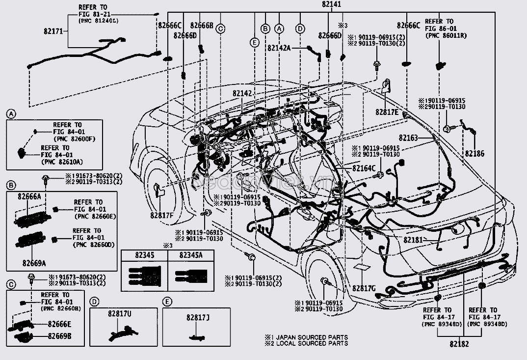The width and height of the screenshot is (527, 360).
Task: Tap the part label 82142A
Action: coord(279,48)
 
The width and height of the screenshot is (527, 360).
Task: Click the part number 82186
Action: coord(474,154)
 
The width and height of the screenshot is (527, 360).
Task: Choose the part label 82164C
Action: coord(364,168)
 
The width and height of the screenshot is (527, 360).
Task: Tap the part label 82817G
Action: coord(364,288)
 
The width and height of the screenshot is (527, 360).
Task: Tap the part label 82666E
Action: coord(59,324)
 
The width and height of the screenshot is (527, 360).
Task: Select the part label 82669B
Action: coord(59,336)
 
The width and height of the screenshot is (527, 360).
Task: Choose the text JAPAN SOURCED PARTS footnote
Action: coord(310,337)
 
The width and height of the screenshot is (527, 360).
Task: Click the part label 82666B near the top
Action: coord(201,26)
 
